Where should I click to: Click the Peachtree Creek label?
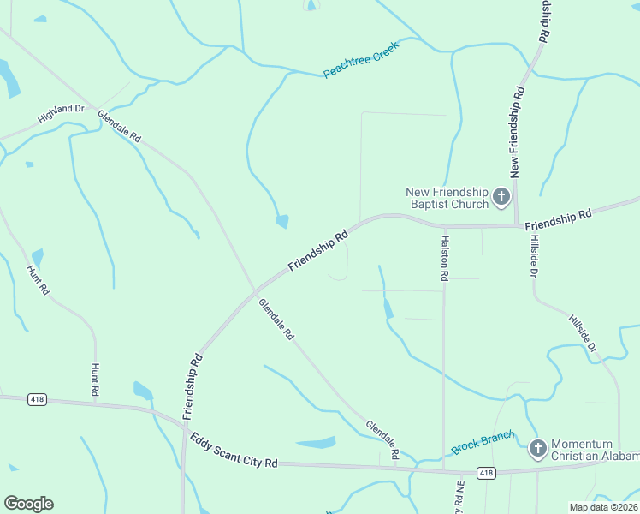pyautogui.click(x=361, y=59)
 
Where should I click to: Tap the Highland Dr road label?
pyautogui.click(x=62, y=114)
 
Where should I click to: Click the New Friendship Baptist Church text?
pyautogui.click(x=447, y=198)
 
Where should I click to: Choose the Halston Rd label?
pyautogui.click(x=444, y=260)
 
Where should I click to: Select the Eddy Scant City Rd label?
pyautogui.click(x=234, y=450)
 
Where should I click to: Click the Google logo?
pyautogui.click(x=28, y=504)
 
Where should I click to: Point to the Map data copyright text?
pyautogui.click(x=603, y=507)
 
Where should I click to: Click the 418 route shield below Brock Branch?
pyautogui.click(x=486, y=473)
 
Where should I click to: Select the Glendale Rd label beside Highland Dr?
pyautogui.click(x=119, y=126)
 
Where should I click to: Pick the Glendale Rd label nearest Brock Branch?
pyautogui.click(x=382, y=440)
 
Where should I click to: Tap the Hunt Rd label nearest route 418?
pyautogui.click(x=95, y=380)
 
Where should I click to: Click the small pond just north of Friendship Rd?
pyautogui.click(x=282, y=221)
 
